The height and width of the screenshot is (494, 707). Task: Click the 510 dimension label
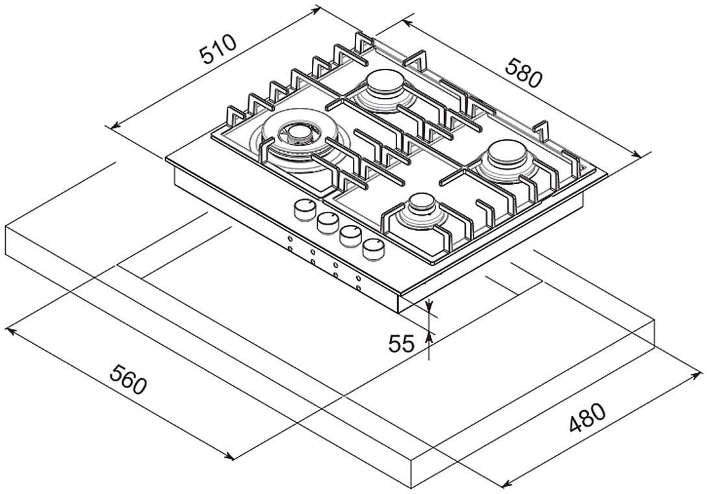(218, 49)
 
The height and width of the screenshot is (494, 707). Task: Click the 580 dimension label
(522, 72)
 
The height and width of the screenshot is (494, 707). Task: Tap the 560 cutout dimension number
(128, 380)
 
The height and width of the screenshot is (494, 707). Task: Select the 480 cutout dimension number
(587, 417)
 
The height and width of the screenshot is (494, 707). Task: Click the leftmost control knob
(305, 210)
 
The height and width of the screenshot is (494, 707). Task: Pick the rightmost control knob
(374, 249)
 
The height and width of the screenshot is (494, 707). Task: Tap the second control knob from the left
(328, 222)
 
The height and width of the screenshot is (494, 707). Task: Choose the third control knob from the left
(351, 236)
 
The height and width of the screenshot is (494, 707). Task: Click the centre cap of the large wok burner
(298, 132)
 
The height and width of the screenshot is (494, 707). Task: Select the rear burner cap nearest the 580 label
(385, 83)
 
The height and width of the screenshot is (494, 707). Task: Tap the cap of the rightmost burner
(508, 153)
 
